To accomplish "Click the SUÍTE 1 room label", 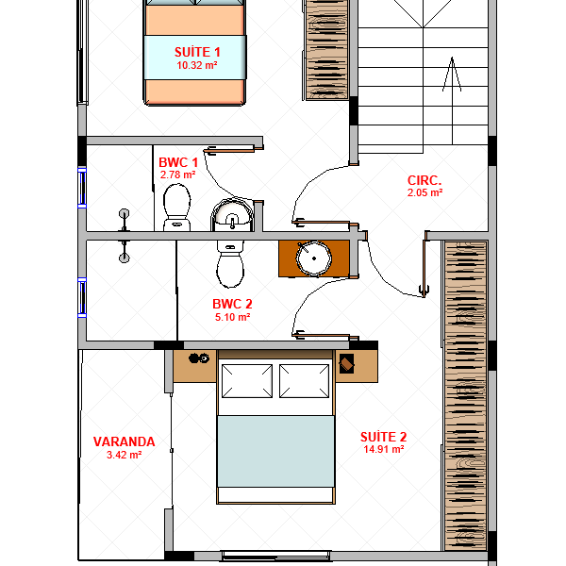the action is [197, 52].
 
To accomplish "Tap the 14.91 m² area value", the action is [383, 449].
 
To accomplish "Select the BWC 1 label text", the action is [178, 162].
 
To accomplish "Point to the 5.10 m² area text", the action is [232, 317].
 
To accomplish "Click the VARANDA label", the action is [125, 441].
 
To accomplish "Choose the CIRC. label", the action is [424, 180].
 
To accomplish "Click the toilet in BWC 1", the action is [177, 208].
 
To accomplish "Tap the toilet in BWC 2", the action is [230, 264].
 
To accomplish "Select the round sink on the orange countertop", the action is [314, 258].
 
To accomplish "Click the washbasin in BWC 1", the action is [232, 214].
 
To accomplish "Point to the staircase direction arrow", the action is [452, 101].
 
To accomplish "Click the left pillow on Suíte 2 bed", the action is [247, 381].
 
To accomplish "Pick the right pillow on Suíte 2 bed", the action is [304, 381].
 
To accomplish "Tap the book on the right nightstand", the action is [346, 363].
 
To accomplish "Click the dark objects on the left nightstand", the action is [199, 358].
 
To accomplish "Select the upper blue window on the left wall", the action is [82, 188].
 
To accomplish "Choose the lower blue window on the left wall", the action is [82, 298].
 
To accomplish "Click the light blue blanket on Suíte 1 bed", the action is [195, 57].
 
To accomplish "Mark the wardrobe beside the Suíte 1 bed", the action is [326, 50].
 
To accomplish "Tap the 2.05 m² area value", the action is [424, 192].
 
